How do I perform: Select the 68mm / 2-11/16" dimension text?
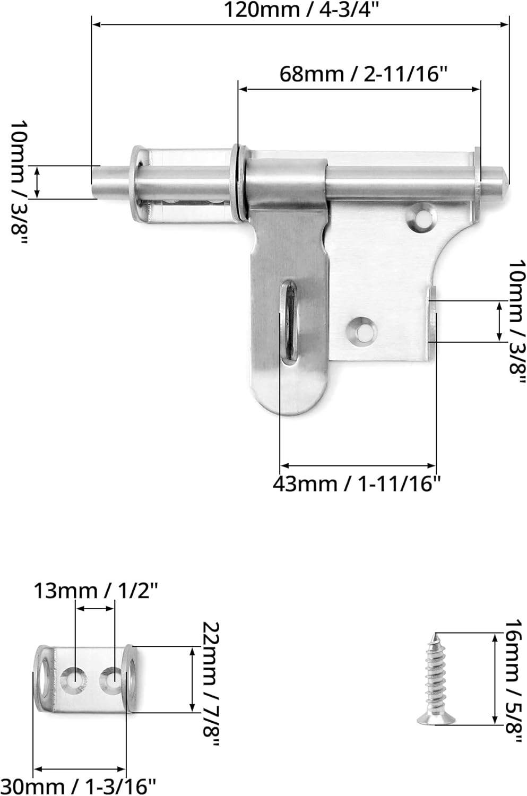[x=361, y=74]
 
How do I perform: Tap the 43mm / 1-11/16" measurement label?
[x=357, y=484]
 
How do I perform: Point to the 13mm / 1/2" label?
[x=96, y=590]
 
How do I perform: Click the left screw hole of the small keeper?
[x=74, y=678]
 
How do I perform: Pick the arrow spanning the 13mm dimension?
[x=95, y=609]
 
